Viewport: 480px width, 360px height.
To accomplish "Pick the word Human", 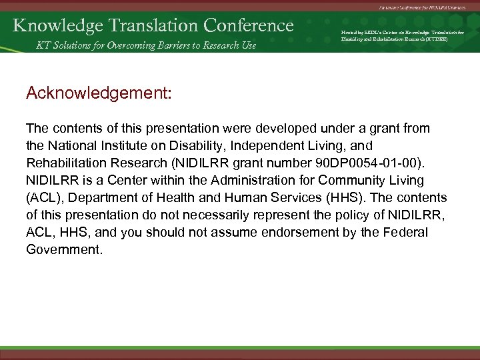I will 234,199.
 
